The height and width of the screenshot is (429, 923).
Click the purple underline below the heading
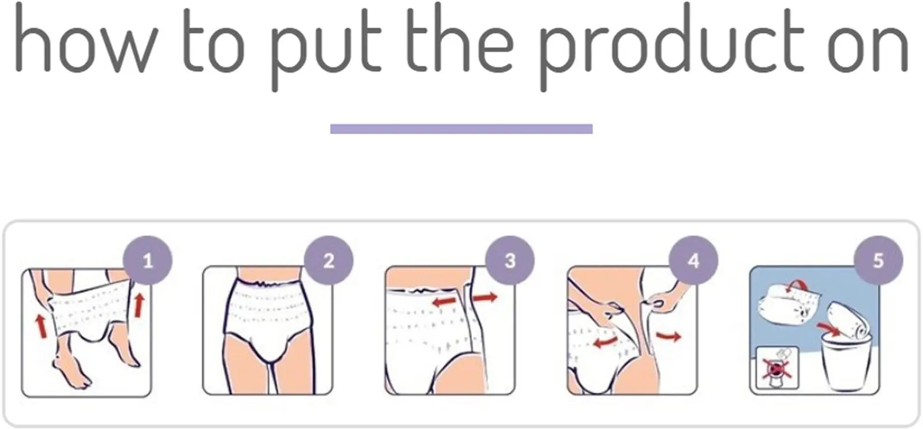point(461,129)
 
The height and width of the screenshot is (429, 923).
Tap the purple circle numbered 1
point(148,261)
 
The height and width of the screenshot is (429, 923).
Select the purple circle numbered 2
point(328,261)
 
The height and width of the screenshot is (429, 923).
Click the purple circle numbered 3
point(510,261)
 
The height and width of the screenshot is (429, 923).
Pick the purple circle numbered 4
point(693,261)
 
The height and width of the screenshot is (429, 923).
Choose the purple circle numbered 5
point(877,261)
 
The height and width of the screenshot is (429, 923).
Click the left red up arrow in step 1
point(41,325)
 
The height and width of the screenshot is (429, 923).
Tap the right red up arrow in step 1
point(138,304)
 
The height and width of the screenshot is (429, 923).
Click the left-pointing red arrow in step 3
point(445,301)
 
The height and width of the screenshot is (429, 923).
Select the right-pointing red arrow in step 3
point(485,298)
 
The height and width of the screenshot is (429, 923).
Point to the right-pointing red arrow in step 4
point(669,335)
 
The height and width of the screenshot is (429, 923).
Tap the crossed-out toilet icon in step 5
point(776,367)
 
